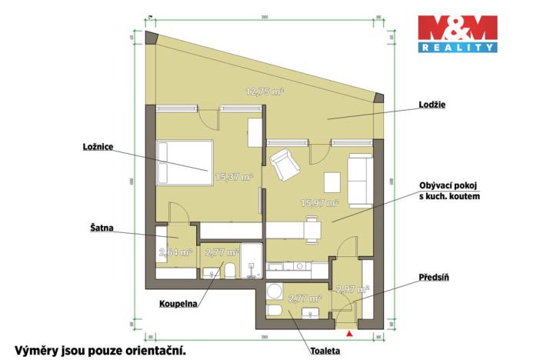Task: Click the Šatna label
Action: [x=100, y=228]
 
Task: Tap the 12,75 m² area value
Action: [x=265, y=91]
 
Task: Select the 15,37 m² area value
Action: [x=234, y=176]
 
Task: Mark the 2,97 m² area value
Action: [x=353, y=289]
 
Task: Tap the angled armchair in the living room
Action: [x=285, y=162]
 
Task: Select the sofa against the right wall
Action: [x=359, y=180]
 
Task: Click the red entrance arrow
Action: [x=350, y=334]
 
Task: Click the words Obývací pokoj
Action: [x=449, y=186]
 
